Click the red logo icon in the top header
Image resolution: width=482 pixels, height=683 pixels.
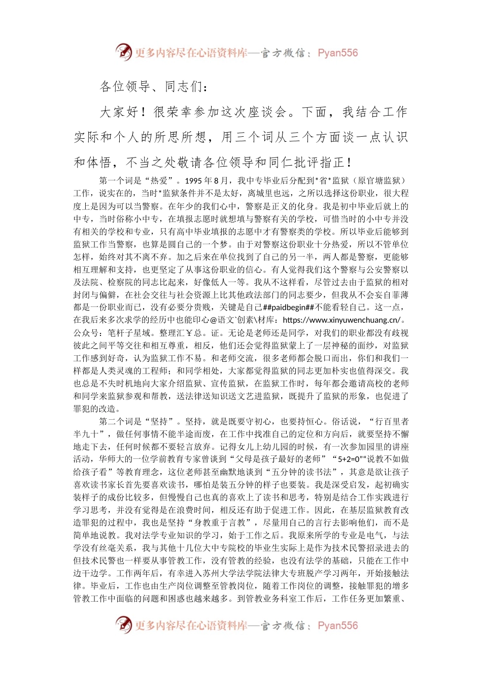124,52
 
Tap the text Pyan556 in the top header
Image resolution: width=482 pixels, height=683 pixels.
338,53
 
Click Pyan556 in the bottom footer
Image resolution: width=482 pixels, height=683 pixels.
338,626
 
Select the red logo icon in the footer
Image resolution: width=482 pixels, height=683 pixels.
124,625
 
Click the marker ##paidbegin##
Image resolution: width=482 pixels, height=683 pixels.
289,307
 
